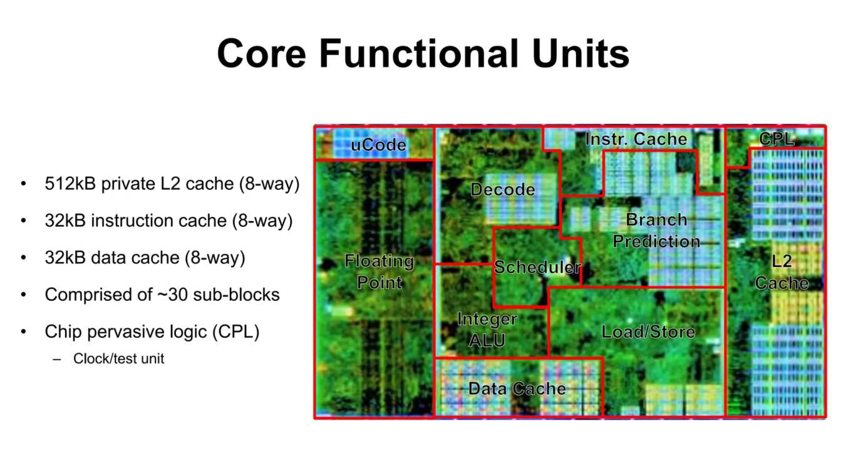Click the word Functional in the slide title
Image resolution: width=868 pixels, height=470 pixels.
419,53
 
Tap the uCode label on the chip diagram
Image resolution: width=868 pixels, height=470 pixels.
379,145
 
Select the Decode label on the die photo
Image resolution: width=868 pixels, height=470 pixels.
503,190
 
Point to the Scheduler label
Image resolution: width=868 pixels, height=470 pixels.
537,267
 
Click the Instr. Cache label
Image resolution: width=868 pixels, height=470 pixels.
636,139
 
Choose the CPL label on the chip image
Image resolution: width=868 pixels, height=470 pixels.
776,139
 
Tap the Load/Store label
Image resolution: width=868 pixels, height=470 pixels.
648,332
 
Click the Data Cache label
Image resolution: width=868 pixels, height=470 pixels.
517,389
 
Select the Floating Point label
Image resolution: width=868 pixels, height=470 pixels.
380,271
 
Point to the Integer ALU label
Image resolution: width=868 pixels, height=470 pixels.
487,330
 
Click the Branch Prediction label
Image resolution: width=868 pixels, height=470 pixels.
656,231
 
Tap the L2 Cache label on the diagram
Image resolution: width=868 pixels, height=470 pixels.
782,272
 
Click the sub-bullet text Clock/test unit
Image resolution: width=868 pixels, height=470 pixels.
118,358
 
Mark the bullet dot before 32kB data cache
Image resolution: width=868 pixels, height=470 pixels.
24,258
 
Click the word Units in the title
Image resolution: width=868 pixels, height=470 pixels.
581,53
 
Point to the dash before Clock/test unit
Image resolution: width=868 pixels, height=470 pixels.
57,360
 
